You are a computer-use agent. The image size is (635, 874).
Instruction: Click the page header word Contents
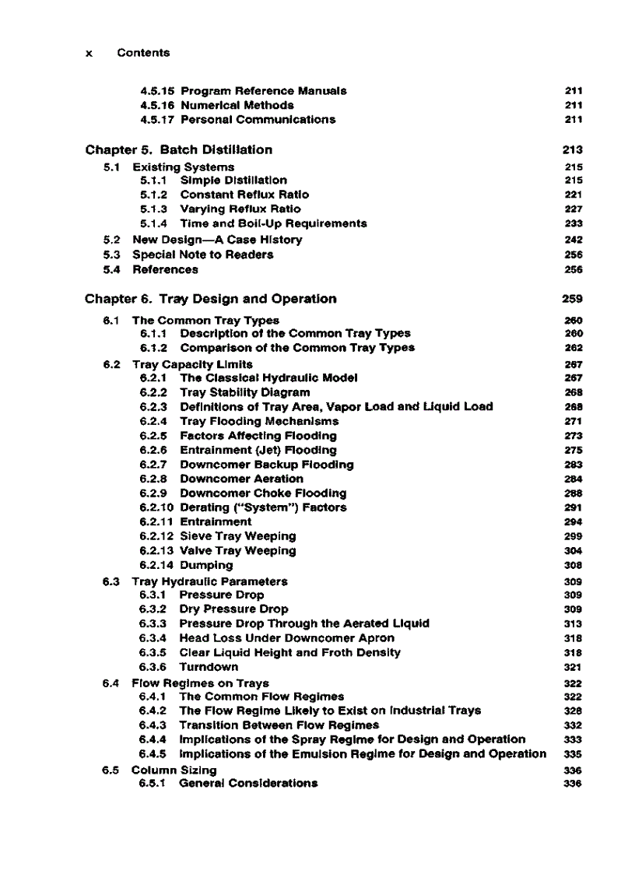pyautogui.click(x=143, y=53)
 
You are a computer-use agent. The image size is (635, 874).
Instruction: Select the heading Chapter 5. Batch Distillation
pyautogui.click(x=179, y=149)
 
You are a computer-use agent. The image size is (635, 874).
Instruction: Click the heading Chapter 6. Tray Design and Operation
pyautogui.click(x=211, y=299)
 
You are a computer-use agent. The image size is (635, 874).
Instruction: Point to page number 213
pyautogui.click(x=573, y=149)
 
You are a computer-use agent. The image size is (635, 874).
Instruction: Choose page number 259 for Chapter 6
pyautogui.click(x=573, y=299)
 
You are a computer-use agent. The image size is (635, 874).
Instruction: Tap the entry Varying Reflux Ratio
pyautogui.click(x=240, y=209)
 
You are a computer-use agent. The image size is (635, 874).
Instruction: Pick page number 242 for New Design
pyautogui.click(x=575, y=240)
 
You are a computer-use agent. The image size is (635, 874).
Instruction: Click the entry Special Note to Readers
pyautogui.click(x=202, y=254)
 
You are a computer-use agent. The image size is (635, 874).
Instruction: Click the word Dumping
pyautogui.click(x=206, y=565)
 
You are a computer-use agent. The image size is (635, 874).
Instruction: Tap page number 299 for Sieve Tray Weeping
pyautogui.click(x=575, y=536)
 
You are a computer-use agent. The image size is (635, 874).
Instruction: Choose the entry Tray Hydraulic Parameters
pyautogui.click(x=209, y=581)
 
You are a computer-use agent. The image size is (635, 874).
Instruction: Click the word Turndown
pyautogui.click(x=209, y=667)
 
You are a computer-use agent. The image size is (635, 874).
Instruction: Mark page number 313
pyautogui.click(x=575, y=623)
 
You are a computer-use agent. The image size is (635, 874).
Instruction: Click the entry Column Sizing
pyautogui.click(x=174, y=770)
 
